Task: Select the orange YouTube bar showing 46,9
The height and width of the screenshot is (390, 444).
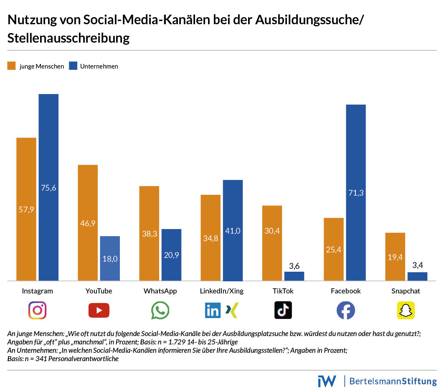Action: pos(88,222)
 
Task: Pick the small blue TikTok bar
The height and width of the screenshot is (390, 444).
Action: pos(294,276)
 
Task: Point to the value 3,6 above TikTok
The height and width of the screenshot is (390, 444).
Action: pos(294,265)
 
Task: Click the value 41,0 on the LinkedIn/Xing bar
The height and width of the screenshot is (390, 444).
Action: pos(233,230)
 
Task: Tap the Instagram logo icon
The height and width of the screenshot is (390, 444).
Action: pos(37,310)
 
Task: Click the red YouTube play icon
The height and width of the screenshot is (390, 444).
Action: pos(99,310)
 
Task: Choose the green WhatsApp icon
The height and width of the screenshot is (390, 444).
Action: pos(160,311)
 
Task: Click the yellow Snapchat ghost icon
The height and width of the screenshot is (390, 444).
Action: pos(406,310)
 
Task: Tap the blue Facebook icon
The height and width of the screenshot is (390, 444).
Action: pos(345,310)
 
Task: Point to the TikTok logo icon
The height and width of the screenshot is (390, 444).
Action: pos(283,310)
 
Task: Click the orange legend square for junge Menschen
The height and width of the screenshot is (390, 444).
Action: pos(12,66)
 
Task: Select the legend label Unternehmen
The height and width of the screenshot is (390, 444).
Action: pos(99,66)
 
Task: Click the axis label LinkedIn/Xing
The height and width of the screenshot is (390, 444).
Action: pos(222,291)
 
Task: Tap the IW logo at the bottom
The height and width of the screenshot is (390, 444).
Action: pos(327,381)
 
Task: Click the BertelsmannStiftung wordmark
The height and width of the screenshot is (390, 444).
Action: pos(393,381)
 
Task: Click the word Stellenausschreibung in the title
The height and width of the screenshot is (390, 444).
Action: pos(69,38)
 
